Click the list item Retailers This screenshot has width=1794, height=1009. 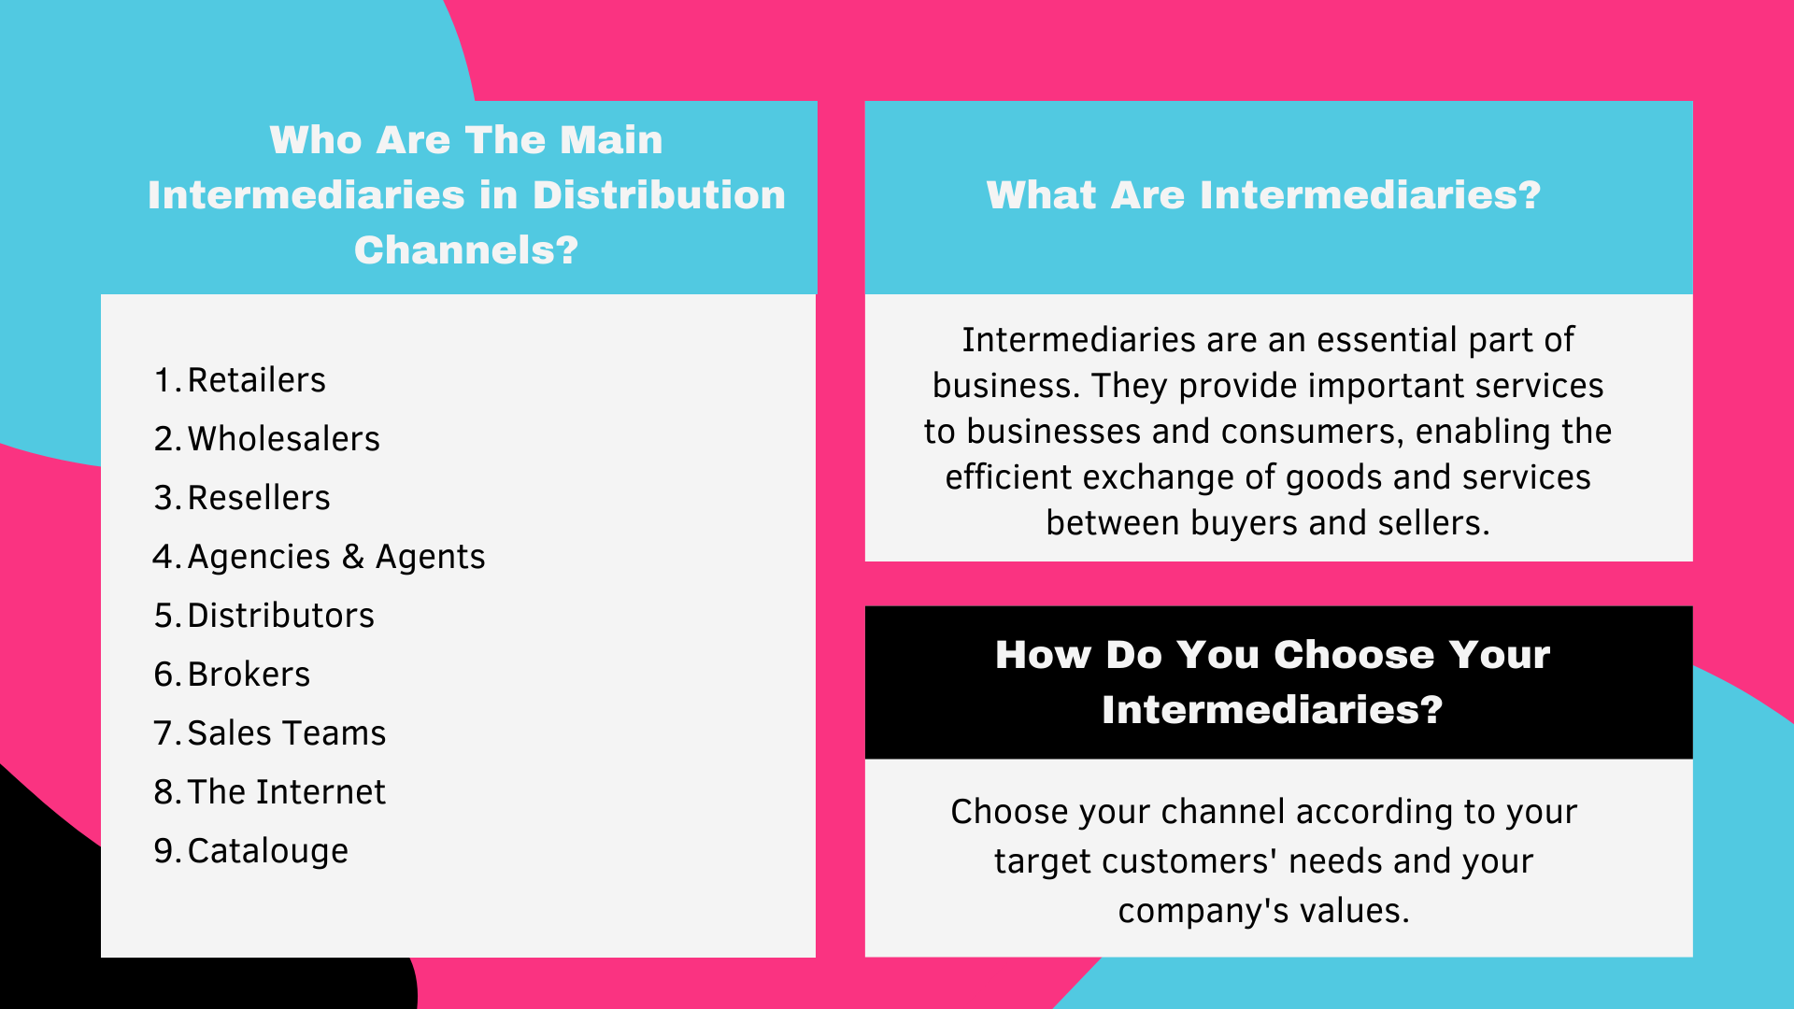pos(256,380)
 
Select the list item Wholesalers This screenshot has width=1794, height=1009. pos(283,439)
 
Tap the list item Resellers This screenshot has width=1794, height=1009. pos(258,498)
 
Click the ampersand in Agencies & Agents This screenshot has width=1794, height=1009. pos(352,557)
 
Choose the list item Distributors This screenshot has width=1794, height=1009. pos(280,616)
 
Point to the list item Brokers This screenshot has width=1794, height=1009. pos(249,675)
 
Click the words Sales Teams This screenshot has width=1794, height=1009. pos(286,733)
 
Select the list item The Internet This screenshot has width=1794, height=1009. pos(286,792)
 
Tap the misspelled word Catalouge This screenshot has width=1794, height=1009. pos(267,851)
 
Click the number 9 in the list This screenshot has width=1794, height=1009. pos(164,851)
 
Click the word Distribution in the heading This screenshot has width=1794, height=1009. pos(659,195)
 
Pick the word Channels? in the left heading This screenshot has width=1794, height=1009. pos(465,250)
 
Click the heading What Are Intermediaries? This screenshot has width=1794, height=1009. pos(1263,195)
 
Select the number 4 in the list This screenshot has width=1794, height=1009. pos(163,557)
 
